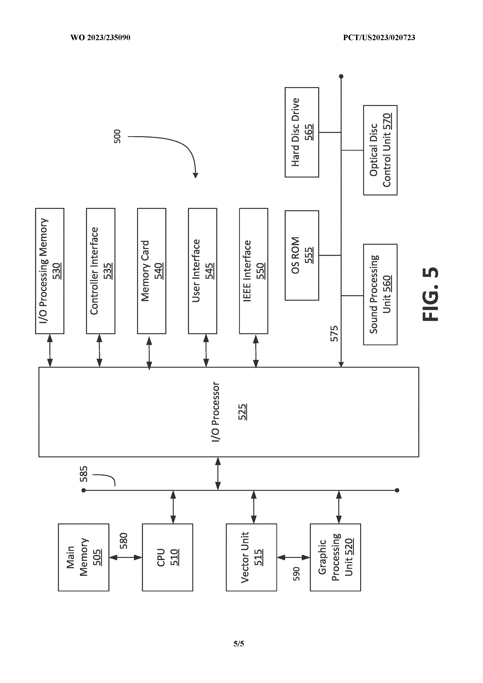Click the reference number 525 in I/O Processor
pos(243,412)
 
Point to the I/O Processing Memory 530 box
pos(50,271)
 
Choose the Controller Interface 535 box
pos(101,271)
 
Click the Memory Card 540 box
pos(152,271)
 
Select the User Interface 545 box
pos(202,271)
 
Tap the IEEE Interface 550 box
pos(253,271)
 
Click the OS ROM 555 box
pos(302,255)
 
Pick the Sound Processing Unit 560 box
pos(380,294)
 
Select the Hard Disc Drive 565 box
pos(302,132)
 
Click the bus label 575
pos(334,333)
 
